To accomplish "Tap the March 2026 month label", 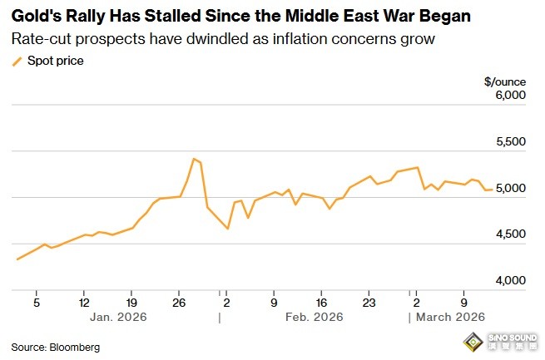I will click(x=450, y=318).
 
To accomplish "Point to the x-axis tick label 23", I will click(x=369, y=303).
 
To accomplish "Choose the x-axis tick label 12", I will click(x=85, y=303).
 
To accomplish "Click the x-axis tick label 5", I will click(x=37, y=303).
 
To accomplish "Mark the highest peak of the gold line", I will click(x=194, y=158).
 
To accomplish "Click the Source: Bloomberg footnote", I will click(x=55, y=347).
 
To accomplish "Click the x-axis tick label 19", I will click(x=132, y=303).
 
